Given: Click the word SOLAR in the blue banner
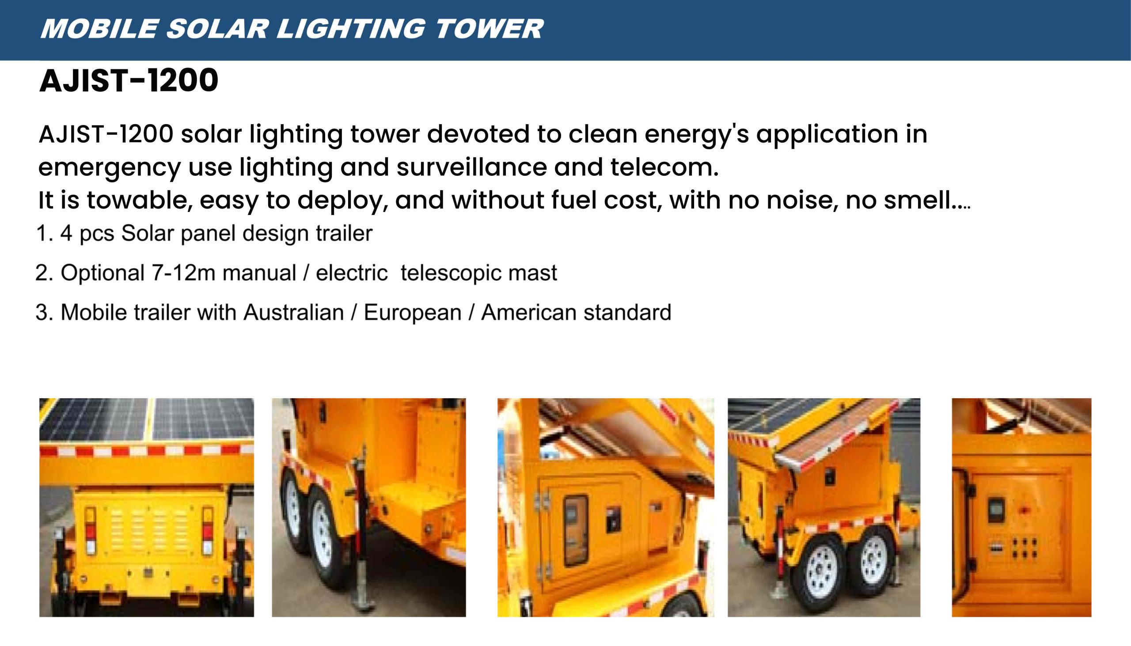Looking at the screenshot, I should pos(217,29).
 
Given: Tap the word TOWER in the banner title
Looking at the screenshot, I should pos(489,29).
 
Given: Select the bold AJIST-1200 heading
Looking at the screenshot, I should pos(129,81).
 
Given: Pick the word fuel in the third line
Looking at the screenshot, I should pos(574,200).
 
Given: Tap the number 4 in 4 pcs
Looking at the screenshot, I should pos(66,234).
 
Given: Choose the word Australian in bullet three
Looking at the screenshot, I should pos(293,312).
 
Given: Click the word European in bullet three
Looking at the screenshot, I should pos(412,312).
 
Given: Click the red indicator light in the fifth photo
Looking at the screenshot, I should pos(1025,511).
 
